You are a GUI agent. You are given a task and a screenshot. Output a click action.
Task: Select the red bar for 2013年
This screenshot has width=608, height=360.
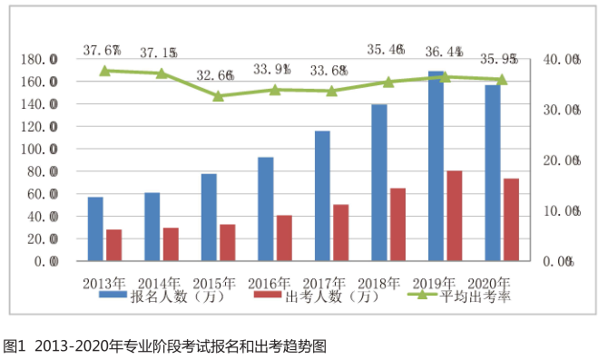click(113, 246)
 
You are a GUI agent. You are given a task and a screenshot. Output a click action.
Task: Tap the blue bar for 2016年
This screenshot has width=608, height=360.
click(265, 209)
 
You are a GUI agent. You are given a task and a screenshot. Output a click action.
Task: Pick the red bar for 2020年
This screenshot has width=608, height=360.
click(512, 220)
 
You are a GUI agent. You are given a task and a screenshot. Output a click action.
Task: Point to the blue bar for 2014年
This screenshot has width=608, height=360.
click(152, 227)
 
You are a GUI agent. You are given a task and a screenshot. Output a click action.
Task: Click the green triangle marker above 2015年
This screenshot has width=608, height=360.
click(219, 95)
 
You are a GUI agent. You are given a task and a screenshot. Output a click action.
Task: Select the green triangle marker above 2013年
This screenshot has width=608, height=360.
click(104, 70)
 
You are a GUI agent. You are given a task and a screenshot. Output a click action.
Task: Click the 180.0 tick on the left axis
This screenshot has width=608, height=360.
click(40, 59)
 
